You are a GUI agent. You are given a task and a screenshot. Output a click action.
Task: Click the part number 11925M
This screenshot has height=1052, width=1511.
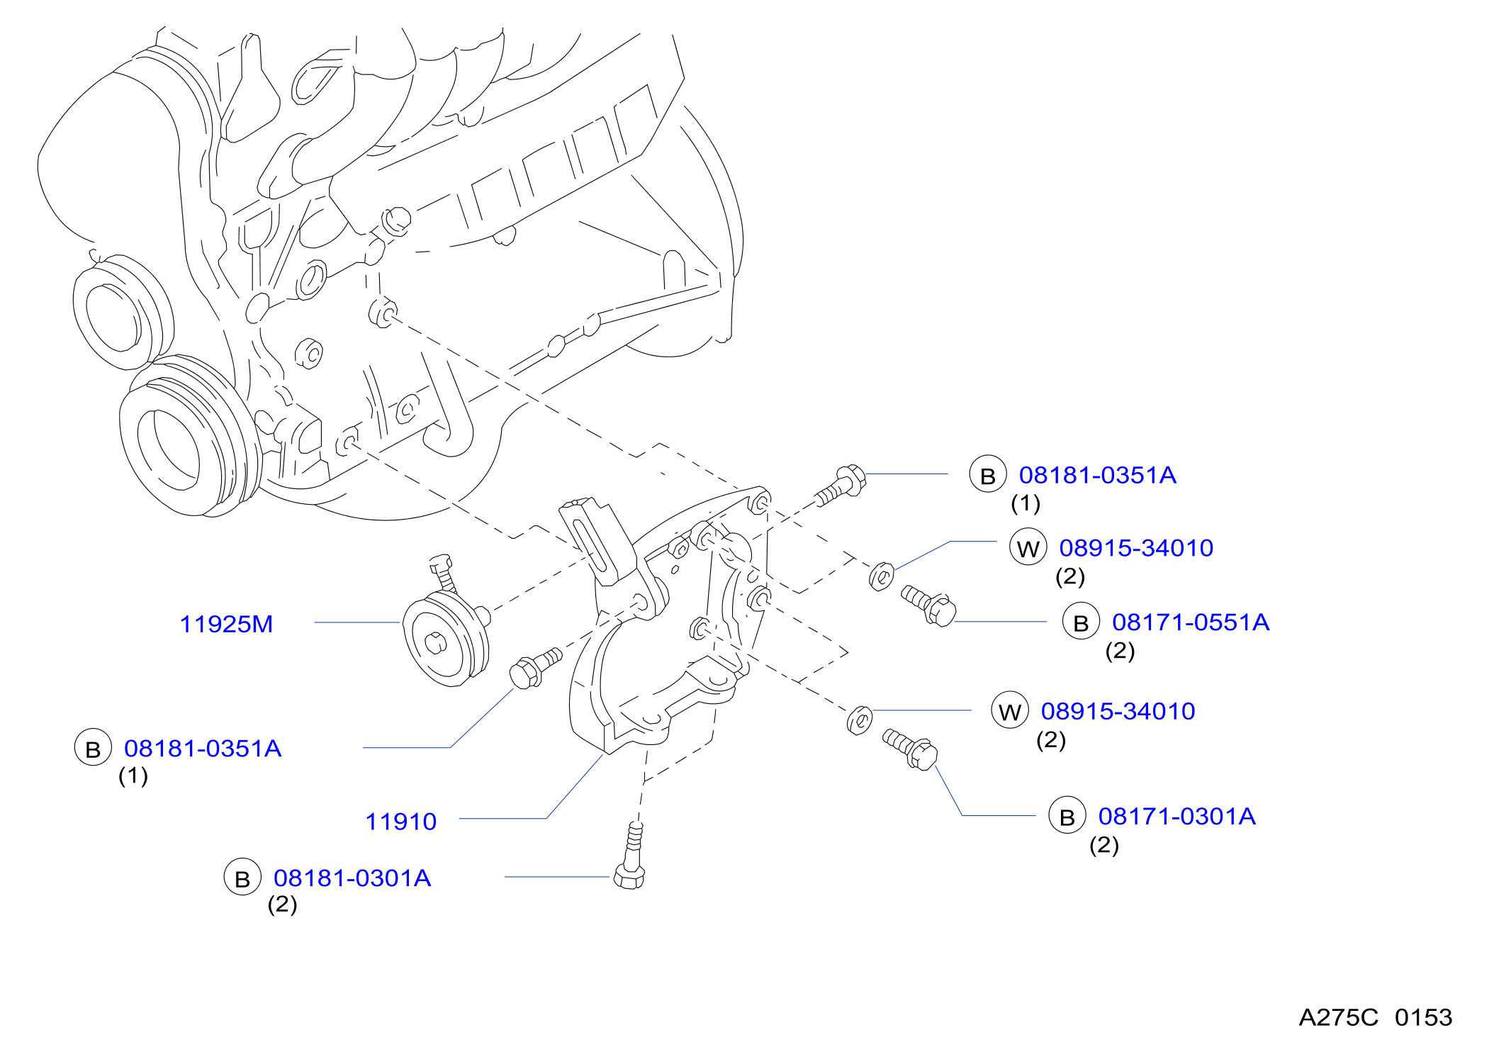(226, 625)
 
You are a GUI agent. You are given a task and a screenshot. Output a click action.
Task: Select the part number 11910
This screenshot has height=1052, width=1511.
(401, 822)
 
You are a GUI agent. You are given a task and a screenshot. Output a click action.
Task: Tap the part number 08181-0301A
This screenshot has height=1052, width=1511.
(352, 878)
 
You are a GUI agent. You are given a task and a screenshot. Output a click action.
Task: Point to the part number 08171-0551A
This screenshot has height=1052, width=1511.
(1191, 622)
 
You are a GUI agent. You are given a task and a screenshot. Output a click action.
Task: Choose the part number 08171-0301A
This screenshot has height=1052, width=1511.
(1177, 817)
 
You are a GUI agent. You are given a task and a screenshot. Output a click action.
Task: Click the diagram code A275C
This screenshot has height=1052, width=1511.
(1338, 1018)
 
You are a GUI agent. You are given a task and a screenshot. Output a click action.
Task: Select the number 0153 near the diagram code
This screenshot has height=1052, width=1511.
(1423, 1018)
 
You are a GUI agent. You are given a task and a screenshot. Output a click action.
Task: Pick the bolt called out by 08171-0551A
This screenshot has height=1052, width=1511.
(929, 605)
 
